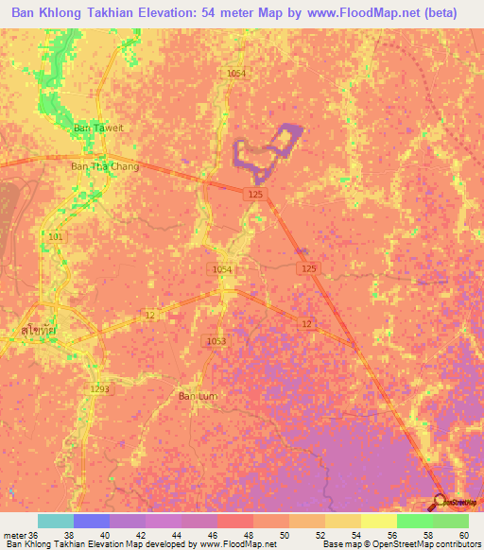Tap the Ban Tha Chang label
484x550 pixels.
[x=105, y=166]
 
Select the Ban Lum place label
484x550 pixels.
[x=199, y=396]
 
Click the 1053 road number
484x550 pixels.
[x=216, y=340]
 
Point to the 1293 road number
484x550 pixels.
[x=100, y=388]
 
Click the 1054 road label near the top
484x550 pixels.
[x=236, y=73]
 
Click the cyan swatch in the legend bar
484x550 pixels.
[x=56, y=521]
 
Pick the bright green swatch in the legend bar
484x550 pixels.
[x=414, y=521]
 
